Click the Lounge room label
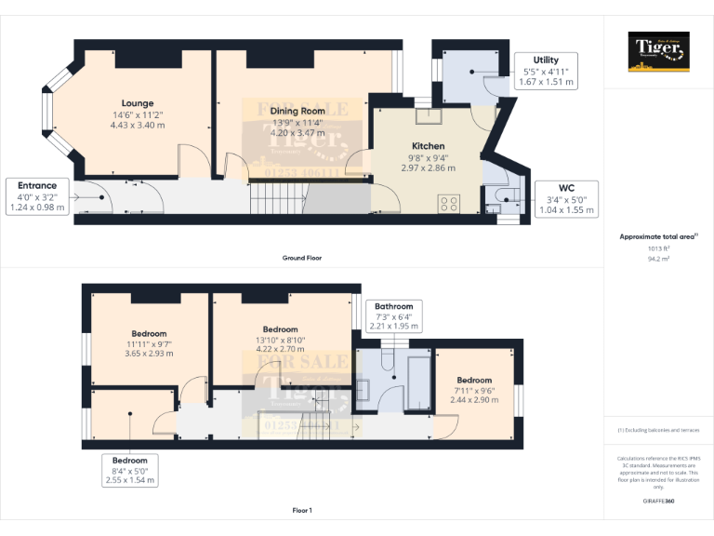tap(137, 103)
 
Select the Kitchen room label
tap(428, 146)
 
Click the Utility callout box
tap(546, 71)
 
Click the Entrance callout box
tap(36, 196)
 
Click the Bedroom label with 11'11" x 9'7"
tap(149, 334)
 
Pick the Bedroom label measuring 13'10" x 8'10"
tap(280, 329)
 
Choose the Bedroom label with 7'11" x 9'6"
tap(473, 380)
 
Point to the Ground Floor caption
tap(302, 258)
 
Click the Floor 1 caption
tap(302, 511)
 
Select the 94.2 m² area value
tap(658, 260)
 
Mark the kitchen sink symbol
tap(429, 116)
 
